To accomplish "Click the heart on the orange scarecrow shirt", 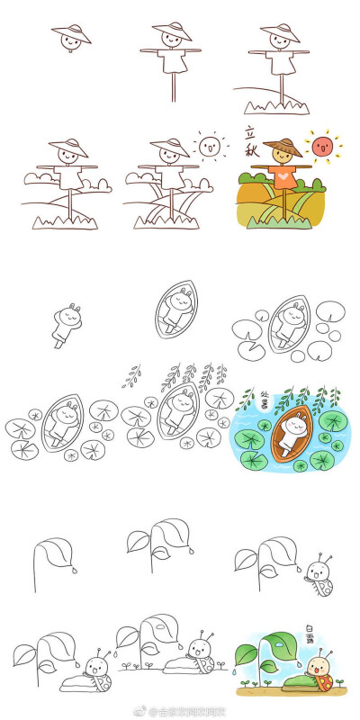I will click(283, 177).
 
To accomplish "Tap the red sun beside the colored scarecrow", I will click(322, 145).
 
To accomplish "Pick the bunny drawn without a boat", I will click(67, 321).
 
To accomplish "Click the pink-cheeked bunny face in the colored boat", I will click(292, 423).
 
